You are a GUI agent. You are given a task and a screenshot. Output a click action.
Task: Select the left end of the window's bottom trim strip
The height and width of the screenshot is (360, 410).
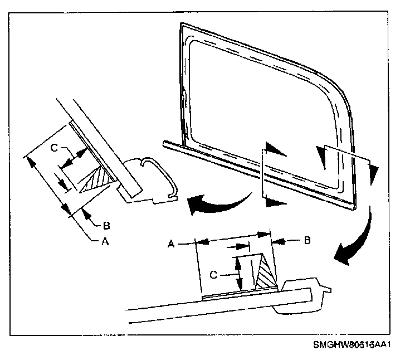pos(166,144)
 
